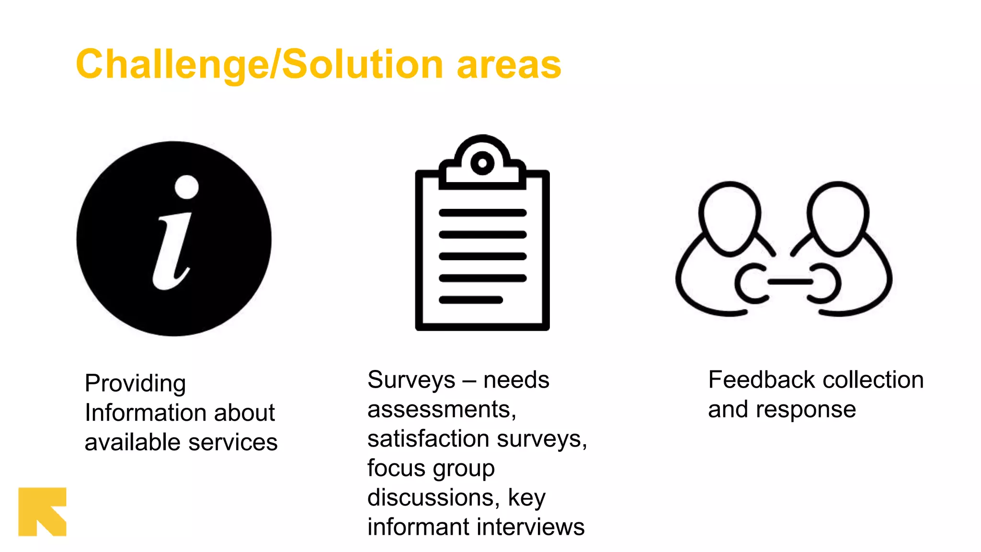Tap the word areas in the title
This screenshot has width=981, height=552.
(x=509, y=66)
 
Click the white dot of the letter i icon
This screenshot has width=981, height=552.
(x=186, y=187)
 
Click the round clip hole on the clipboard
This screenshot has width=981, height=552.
(x=482, y=163)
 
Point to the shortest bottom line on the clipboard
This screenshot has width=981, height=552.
(x=471, y=300)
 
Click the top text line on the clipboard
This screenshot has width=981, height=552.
(x=482, y=213)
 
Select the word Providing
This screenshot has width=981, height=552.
(x=135, y=383)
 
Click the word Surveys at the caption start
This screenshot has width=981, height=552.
(x=411, y=380)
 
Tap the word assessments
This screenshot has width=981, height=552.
(x=441, y=410)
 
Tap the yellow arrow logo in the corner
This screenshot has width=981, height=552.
(x=42, y=512)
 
